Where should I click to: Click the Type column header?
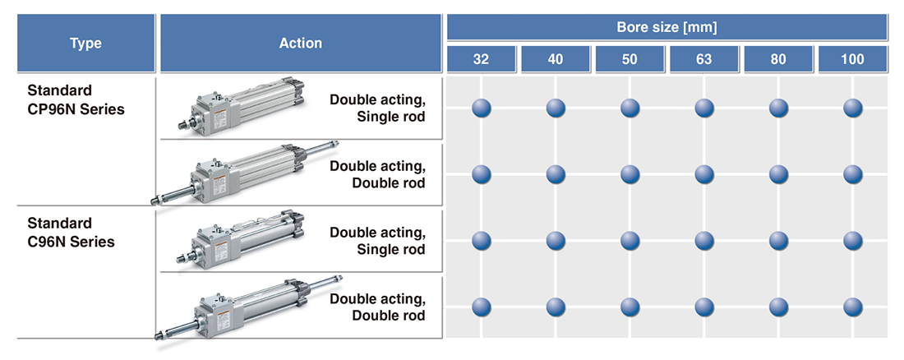[85, 44]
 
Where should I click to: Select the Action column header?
[301, 44]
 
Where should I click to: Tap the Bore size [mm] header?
[666, 27]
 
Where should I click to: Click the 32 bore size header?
[482, 59]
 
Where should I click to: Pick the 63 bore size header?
[704, 59]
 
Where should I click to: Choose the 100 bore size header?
[853, 59]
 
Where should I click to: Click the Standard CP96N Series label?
[76, 99]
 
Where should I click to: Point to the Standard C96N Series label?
[71, 233]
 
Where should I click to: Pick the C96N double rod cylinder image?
[247, 307]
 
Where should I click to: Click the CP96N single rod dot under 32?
[482, 108]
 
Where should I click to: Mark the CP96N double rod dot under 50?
[630, 174]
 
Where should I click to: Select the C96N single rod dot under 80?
[779, 240]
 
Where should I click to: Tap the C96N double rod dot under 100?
[853, 307]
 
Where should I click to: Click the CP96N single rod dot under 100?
[853, 108]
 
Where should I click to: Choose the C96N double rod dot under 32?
[482, 307]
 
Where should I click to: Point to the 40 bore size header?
[556, 59]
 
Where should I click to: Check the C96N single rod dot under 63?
[704, 240]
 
